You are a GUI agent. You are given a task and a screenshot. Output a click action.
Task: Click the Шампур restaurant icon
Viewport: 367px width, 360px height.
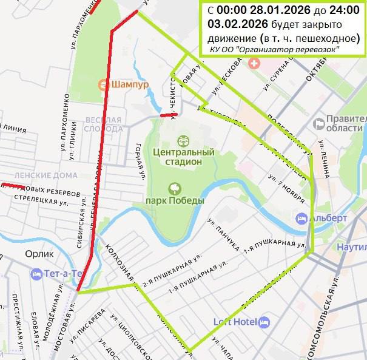point(103,85)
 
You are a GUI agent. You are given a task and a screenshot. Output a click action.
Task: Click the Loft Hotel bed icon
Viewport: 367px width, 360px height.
point(264,322)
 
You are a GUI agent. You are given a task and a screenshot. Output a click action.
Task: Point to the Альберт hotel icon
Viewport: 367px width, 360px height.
point(301,218)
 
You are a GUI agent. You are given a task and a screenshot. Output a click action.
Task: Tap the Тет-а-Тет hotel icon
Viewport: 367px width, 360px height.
point(38,274)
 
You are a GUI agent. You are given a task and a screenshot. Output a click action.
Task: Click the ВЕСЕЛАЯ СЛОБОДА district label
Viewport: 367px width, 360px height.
point(104,124)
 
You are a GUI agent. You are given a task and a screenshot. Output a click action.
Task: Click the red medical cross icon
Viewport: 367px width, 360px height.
point(253,62)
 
